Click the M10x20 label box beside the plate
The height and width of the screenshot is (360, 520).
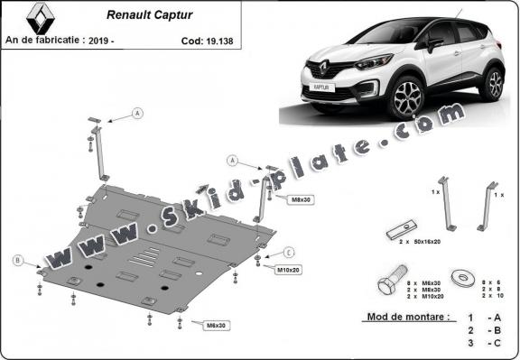(289, 269)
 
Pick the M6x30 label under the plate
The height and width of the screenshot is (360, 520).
(213, 325)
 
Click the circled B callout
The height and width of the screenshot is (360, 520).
(17, 261)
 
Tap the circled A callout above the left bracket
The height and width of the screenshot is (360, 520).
(137, 113)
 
